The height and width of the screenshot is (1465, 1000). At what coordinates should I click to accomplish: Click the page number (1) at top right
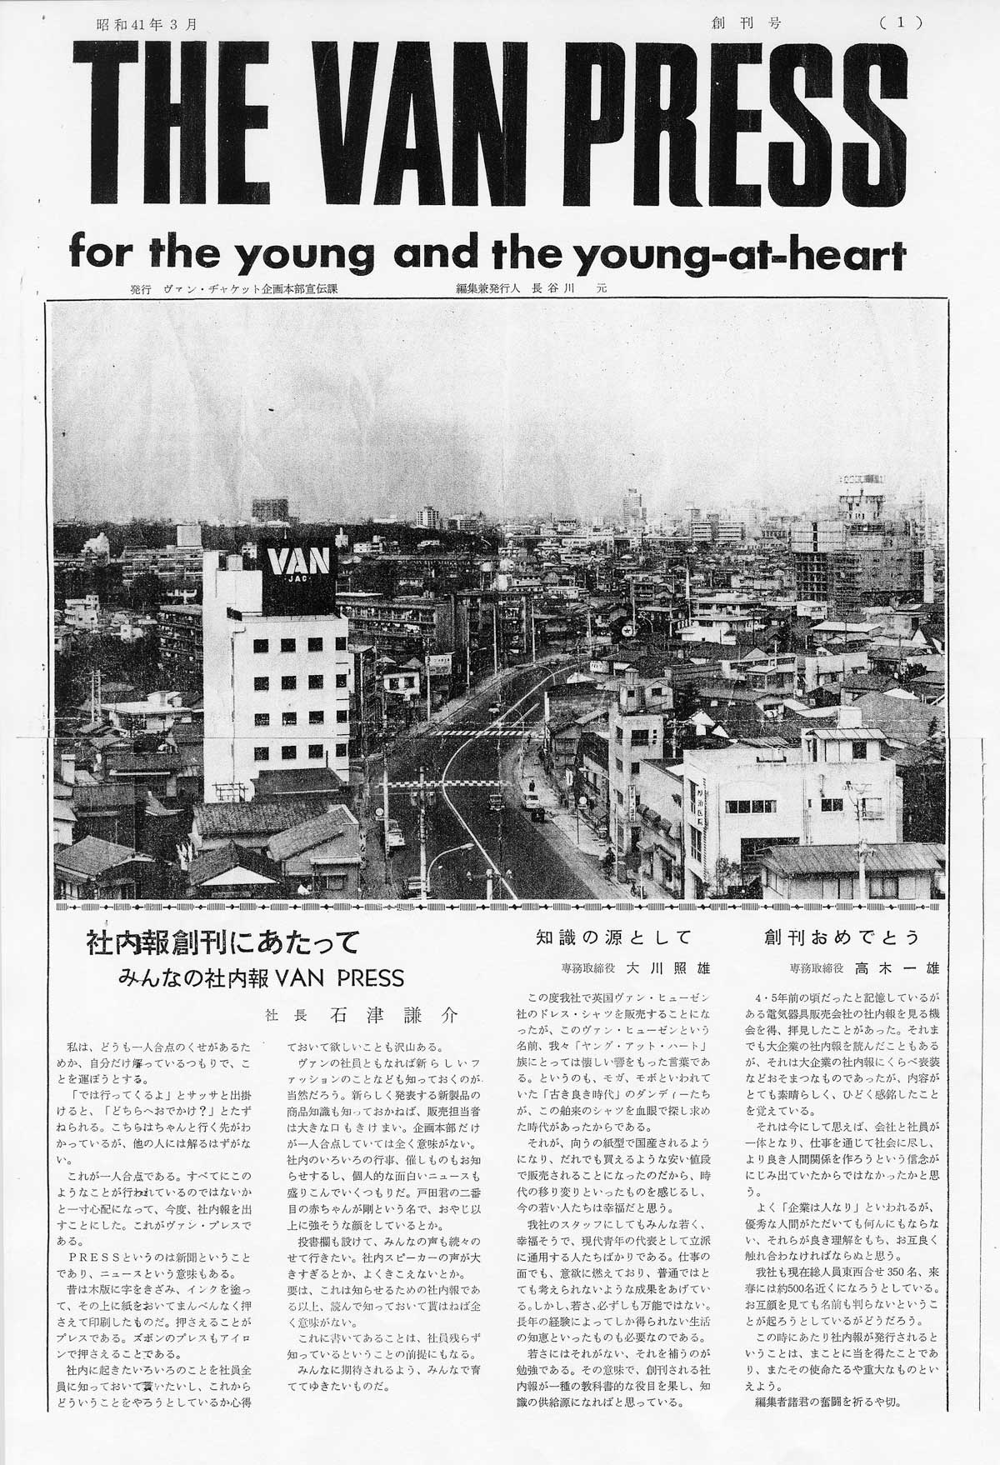[901, 23]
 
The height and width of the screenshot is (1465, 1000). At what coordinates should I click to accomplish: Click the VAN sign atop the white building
[299, 561]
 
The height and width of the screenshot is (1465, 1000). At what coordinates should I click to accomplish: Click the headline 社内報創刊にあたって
[222, 942]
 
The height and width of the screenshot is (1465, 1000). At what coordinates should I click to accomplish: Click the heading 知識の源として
[613, 937]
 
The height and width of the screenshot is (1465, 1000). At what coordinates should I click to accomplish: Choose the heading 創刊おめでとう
[842, 937]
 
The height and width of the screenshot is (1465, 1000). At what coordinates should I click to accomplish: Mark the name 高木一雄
[902, 968]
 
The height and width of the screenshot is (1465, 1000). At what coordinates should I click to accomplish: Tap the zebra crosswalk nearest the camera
[432, 784]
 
